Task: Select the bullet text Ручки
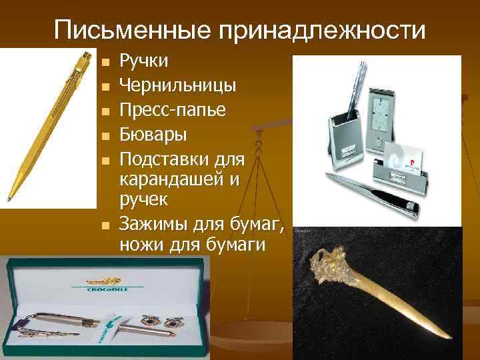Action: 143,62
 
